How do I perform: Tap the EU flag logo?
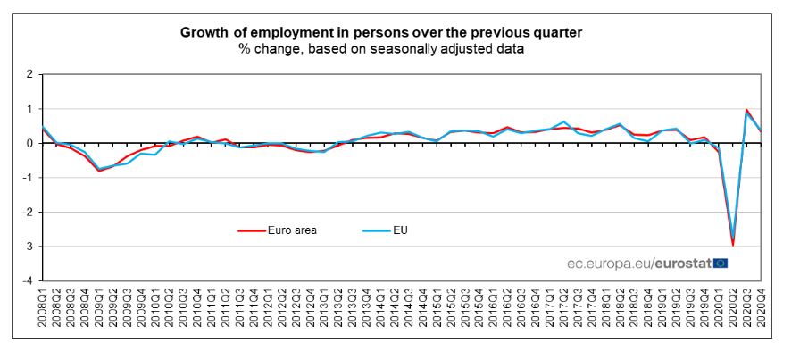[721, 263]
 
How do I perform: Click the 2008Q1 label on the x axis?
[42, 309]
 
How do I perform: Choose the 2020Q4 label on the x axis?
[761, 309]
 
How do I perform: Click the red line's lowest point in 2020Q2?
[732, 245]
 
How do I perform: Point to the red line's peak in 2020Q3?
[746, 110]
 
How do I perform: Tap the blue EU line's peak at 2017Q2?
[564, 121]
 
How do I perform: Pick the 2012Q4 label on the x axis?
[311, 309]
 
